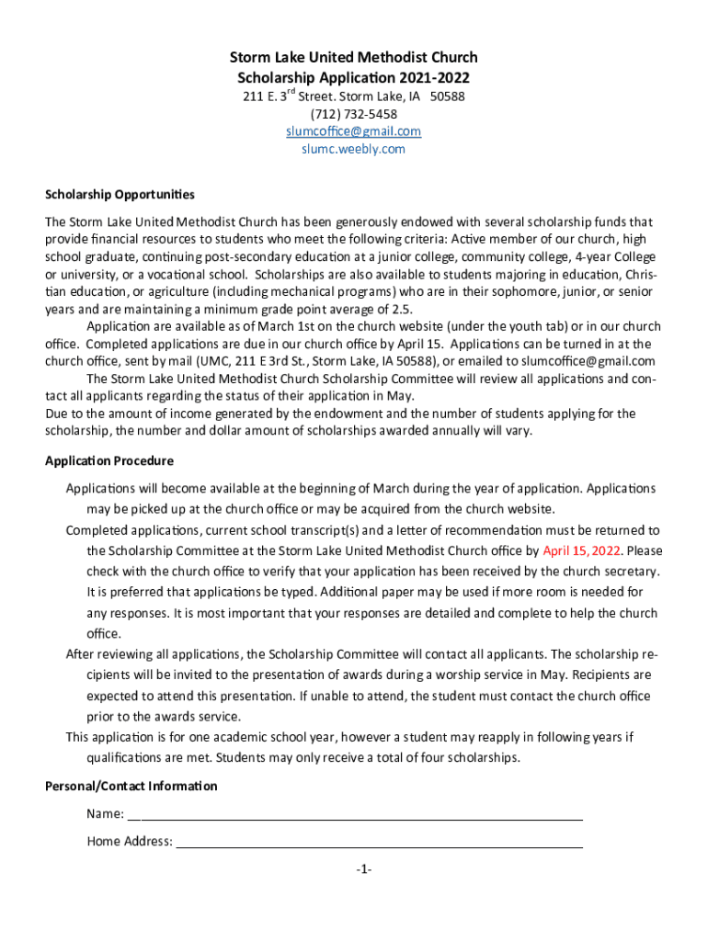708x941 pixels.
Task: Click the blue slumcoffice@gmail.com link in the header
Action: click(x=353, y=131)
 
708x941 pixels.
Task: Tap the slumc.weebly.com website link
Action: click(x=353, y=149)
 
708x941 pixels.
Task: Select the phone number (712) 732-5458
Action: click(x=353, y=114)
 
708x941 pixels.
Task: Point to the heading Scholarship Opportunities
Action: click(x=120, y=194)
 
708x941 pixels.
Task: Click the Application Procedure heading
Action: click(x=109, y=460)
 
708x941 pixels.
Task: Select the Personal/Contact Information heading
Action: click(x=131, y=786)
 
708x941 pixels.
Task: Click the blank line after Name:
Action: click(x=355, y=814)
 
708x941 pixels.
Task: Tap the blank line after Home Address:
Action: click(x=379, y=842)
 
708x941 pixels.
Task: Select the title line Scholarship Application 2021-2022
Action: click(x=353, y=78)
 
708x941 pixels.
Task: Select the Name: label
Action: click(x=106, y=814)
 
